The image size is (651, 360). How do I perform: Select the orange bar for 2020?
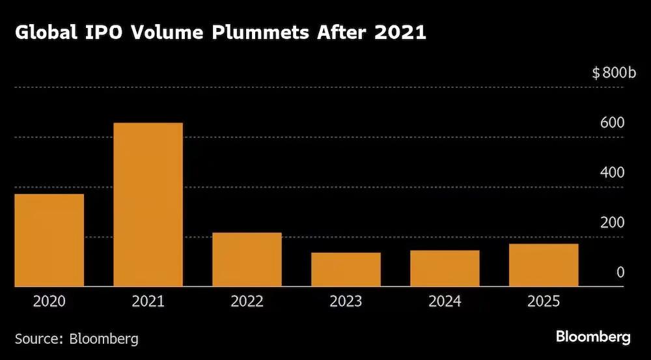(49, 240)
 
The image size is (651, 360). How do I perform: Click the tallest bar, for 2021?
(148, 204)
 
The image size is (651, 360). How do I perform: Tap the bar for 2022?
(247, 259)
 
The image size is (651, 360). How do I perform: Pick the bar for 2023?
(346, 269)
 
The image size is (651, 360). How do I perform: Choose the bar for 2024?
(445, 268)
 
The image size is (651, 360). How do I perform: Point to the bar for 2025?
(544, 264)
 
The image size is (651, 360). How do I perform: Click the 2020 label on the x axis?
(49, 301)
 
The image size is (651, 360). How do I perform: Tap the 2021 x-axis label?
(148, 301)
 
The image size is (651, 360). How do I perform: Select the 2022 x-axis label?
(247, 301)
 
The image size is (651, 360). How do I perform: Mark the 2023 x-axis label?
(346, 301)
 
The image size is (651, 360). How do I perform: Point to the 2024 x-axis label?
(445, 301)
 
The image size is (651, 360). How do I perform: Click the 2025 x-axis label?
(544, 301)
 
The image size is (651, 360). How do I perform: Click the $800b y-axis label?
(613, 73)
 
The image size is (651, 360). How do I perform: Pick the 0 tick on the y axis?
(620, 272)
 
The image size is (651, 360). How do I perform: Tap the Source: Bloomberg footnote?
(77, 339)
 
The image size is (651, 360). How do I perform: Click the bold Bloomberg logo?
(593, 337)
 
